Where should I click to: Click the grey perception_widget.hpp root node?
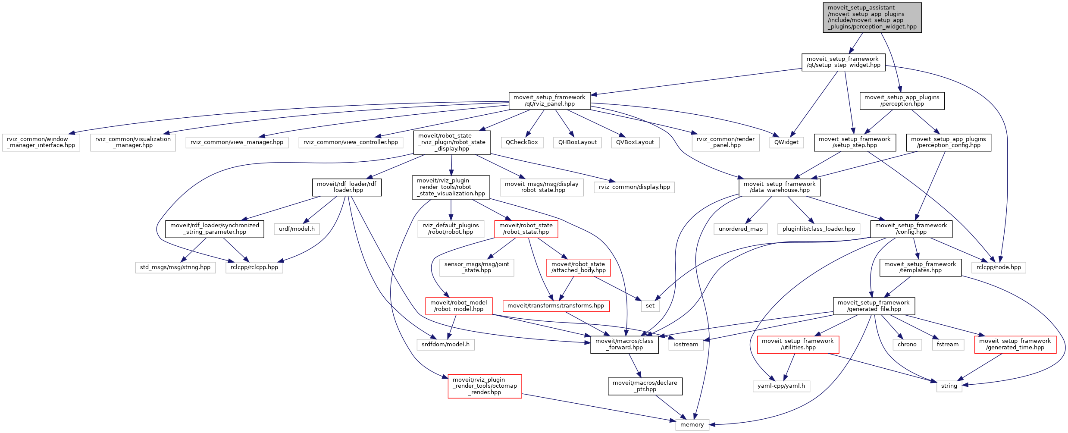click(872, 17)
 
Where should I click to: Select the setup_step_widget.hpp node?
click(843, 62)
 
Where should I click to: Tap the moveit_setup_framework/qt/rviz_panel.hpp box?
click(549, 100)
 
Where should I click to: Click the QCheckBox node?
click(522, 142)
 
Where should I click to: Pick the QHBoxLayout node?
click(577, 142)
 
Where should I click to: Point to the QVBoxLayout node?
click(635, 142)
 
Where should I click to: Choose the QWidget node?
click(786, 142)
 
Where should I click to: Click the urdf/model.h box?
click(297, 229)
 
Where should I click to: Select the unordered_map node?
click(740, 229)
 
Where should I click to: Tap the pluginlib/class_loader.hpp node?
click(818, 229)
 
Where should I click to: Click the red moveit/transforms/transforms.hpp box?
click(556, 306)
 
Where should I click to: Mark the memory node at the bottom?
click(692, 425)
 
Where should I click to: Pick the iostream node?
click(686, 345)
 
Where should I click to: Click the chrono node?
click(907, 345)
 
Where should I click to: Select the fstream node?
click(947, 345)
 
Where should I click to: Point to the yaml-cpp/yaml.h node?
click(781, 386)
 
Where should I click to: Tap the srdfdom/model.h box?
click(445, 345)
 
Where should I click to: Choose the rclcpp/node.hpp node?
click(999, 267)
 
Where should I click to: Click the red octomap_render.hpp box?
click(485, 386)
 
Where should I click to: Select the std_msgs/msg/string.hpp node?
click(175, 267)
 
